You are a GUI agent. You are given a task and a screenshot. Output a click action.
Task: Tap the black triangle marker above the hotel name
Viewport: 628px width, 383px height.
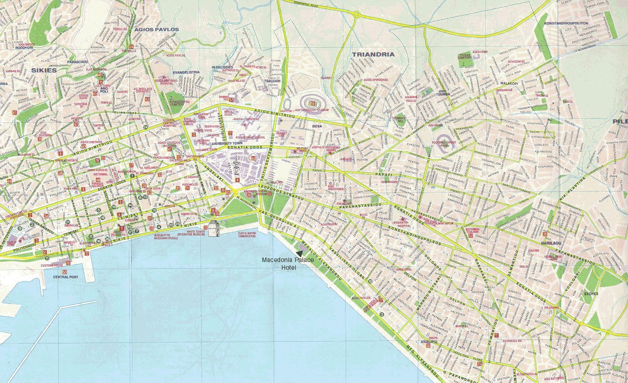coord(299,253)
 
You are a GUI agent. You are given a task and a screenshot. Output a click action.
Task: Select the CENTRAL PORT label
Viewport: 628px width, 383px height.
coord(66,277)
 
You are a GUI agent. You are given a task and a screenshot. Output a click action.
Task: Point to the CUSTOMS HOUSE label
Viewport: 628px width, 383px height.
coord(51,265)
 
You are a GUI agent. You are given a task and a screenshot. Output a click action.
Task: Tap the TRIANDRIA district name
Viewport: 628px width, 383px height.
coord(373,54)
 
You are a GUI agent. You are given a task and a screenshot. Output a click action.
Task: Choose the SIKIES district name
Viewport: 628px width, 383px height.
coord(44,71)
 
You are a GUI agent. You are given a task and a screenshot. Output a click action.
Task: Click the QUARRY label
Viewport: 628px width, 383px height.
coord(326,78)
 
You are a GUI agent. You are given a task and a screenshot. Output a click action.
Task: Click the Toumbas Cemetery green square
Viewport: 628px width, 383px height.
coord(465,58)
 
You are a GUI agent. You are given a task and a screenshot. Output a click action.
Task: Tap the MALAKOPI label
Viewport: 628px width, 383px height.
coord(509,84)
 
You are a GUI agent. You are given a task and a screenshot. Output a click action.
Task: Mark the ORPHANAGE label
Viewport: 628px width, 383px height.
coord(504,90)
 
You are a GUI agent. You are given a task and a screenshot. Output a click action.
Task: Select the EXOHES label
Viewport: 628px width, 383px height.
coord(591,293)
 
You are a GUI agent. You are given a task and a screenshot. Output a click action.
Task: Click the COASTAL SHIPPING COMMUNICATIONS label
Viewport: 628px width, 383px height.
coord(247,235)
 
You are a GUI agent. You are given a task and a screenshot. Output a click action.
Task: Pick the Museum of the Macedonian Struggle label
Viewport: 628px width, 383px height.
coord(166,236)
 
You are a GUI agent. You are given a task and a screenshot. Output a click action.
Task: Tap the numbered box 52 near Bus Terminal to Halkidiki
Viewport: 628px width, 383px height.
coord(470,235)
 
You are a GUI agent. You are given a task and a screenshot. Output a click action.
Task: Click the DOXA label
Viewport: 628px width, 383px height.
coord(317,126)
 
